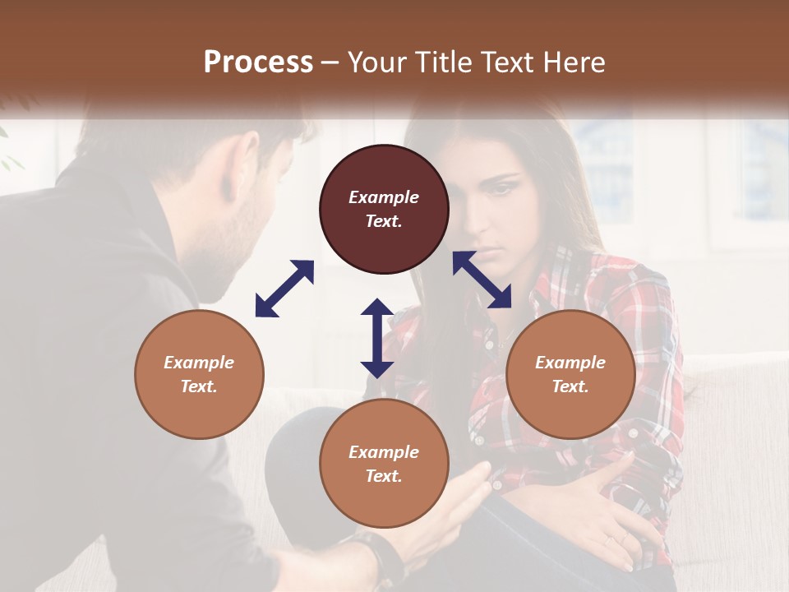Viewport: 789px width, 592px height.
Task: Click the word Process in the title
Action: click(x=258, y=62)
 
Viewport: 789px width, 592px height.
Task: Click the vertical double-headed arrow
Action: click(x=377, y=338)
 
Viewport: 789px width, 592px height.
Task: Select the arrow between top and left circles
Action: click(x=284, y=289)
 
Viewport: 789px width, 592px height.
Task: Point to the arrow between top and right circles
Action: click(x=482, y=280)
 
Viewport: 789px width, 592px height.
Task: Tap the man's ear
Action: click(x=246, y=161)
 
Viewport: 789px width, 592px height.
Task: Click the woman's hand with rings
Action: click(x=604, y=519)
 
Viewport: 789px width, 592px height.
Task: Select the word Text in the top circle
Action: click(x=384, y=221)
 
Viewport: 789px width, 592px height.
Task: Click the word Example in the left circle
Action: click(x=199, y=363)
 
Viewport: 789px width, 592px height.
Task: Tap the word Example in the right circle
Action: click(x=570, y=363)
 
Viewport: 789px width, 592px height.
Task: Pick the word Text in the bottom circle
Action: click(x=384, y=476)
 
